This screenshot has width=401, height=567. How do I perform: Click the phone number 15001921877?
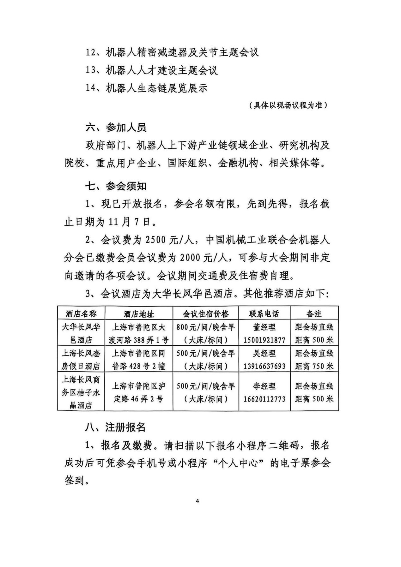click(x=264, y=340)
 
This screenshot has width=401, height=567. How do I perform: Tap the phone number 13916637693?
click(x=264, y=366)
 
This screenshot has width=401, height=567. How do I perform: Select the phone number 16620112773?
click(x=264, y=399)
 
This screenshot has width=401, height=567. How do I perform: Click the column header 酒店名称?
click(x=81, y=314)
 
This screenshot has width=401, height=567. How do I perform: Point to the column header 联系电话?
click(x=264, y=314)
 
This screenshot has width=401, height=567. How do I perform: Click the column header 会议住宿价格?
click(x=206, y=314)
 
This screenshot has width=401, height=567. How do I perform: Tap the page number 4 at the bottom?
click(x=197, y=501)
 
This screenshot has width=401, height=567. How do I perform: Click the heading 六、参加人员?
click(x=116, y=128)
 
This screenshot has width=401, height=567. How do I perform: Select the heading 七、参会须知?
click(x=116, y=186)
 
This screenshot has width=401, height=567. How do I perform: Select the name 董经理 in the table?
click(x=264, y=327)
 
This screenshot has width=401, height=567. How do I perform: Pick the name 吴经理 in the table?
click(x=264, y=353)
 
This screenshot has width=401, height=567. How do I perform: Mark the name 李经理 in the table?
click(x=264, y=386)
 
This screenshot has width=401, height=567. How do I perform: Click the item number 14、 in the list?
click(x=94, y=88)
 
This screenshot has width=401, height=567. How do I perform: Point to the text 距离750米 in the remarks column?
click(x=314, y=366)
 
